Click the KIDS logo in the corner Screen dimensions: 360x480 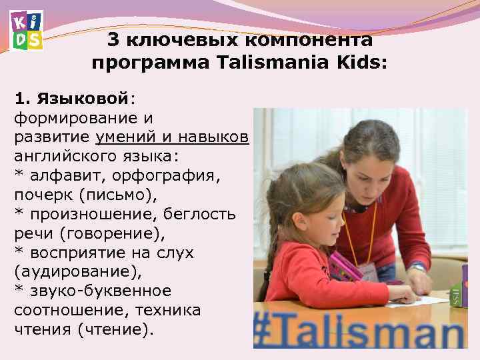(x=27, y=31)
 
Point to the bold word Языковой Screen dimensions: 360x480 (x=83, y=99)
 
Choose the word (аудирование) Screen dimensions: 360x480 (x=67, y=273)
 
